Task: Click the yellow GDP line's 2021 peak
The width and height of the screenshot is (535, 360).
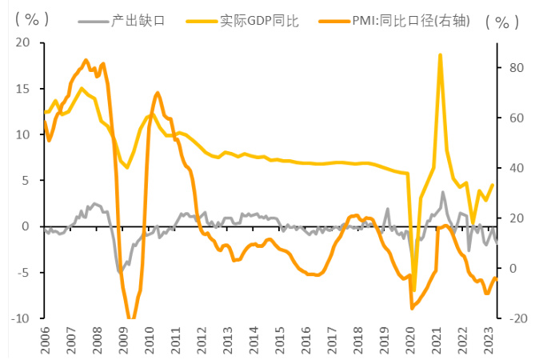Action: [x=441, y=55]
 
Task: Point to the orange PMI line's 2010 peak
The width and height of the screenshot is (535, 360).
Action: [x=157, y=94]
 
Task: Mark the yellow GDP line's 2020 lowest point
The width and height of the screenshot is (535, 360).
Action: [x=413, y=289]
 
